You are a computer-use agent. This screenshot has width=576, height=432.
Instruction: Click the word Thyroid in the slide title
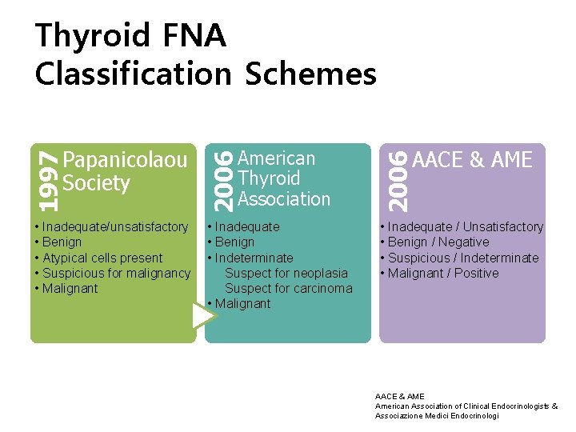point(93,36)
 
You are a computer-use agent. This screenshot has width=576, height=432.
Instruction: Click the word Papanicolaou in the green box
point(125,160)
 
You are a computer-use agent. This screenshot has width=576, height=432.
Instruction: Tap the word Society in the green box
point(96,183)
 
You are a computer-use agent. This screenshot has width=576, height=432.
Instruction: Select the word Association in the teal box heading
point(284,198)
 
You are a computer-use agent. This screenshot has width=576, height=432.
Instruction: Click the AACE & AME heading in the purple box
point(472,160)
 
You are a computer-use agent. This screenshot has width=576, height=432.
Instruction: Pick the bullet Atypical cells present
point(102,258)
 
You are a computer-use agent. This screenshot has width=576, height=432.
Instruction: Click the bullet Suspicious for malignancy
point(116,273)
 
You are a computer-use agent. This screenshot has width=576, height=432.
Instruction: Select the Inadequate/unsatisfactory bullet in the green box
point(114,227)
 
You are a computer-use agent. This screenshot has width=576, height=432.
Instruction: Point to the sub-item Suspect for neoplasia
point(286,273)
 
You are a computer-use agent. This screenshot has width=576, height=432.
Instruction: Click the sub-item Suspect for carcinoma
point(288,288)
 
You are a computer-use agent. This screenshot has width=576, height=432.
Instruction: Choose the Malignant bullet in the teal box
point(242,303)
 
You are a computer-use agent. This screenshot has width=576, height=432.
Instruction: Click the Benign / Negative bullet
point(438,242)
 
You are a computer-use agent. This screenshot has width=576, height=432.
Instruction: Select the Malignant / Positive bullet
point(442,273)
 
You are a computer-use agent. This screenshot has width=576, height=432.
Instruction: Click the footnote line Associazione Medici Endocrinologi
point(437,416)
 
